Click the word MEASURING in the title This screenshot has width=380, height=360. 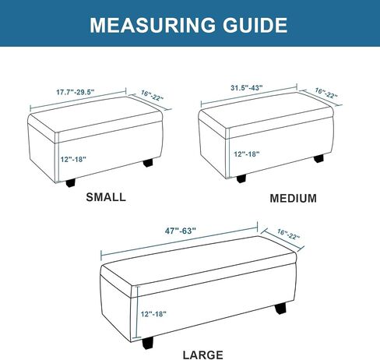[x=153, y=25]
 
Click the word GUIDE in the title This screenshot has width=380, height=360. [x=255, y=25]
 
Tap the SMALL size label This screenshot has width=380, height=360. [x=106, y=197]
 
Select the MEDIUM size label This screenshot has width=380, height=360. [x=294, y=199]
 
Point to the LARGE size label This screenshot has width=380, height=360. [x=203, y=355]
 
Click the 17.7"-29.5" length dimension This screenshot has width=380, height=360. [x=76, y=92]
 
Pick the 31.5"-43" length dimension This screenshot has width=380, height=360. [x=247, y=88]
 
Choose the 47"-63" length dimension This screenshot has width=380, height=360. [x=181, y=231]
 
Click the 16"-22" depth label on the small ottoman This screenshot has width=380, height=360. [x=153, y=96]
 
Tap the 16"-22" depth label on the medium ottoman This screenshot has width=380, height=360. [x=326, y=94]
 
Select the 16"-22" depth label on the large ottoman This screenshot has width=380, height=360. [x=288, y=235]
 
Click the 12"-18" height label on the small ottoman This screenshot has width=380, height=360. [x=73, y=159]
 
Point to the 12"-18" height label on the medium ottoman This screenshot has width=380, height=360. [x=247, y=154]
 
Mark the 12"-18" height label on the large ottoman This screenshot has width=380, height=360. [x=153, y=314]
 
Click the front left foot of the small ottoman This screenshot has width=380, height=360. [x=71, y=183]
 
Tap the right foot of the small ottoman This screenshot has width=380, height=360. [x=148, y=163]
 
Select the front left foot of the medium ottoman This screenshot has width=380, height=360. [x=241, y=178]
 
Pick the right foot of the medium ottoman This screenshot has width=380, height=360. [x=318, y=158]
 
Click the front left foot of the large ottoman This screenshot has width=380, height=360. [x=148, y=343]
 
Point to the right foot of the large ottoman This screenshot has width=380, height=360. [x=280, y=309]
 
